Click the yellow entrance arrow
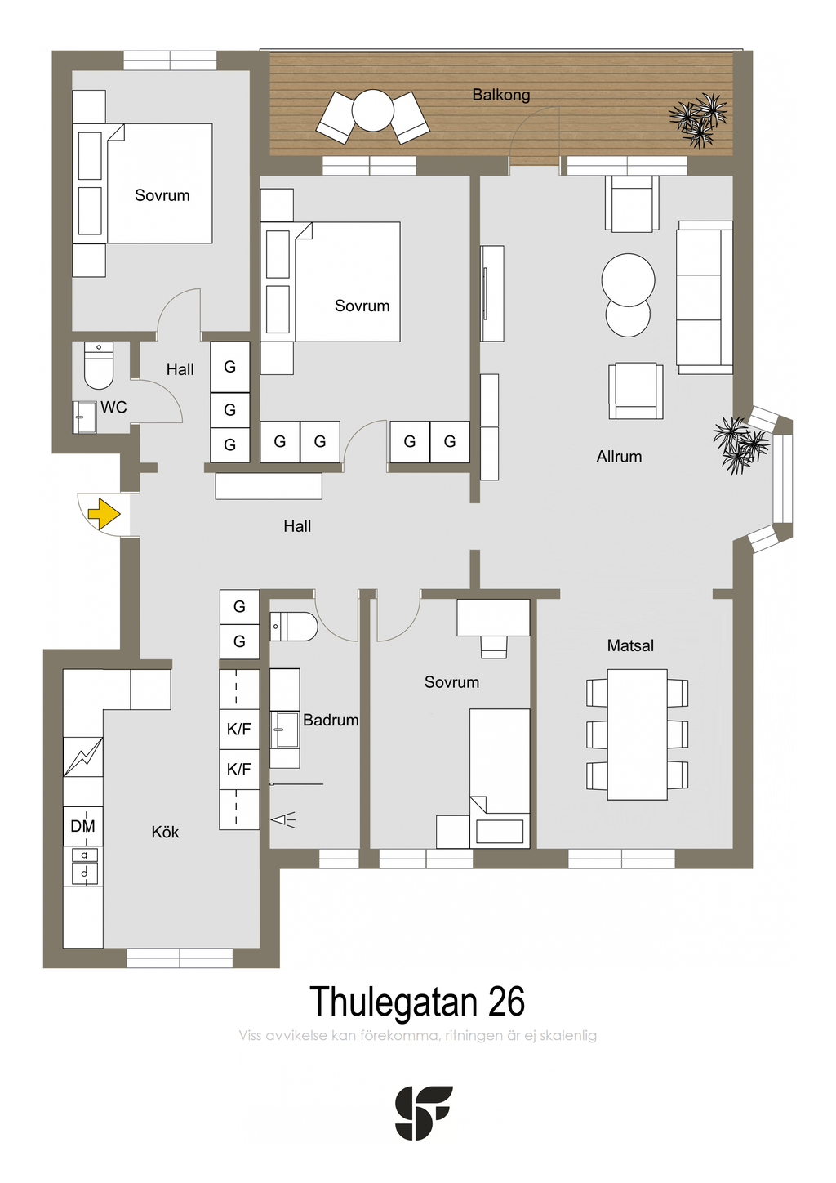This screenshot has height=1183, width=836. coord(104,513)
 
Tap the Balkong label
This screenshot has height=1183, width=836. coord(500,95)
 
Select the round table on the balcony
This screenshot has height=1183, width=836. coord(372,110)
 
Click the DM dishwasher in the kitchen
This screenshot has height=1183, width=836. coord(82,826)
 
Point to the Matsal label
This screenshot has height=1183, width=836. coord(630,645)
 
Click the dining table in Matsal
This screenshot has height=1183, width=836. coord(637,734)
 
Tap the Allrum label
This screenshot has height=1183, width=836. coord(619,457)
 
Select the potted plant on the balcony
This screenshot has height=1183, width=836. coord(698,120)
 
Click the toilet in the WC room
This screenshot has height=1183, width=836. coord(99,365)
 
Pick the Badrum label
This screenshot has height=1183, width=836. coord(331,720)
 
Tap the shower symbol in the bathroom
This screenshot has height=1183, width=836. coord(283,820)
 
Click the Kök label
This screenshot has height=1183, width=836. coord(165,833)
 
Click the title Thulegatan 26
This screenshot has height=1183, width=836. coord(417,1002)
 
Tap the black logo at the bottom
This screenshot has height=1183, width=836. coord(424,1112)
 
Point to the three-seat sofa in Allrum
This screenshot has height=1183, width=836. coord(705,297)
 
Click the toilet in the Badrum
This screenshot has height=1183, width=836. coord(293,627)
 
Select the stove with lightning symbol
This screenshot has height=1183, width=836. coord(82,757)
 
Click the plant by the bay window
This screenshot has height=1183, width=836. coord(740,444)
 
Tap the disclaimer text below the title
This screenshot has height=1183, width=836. coord(417,1035)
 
